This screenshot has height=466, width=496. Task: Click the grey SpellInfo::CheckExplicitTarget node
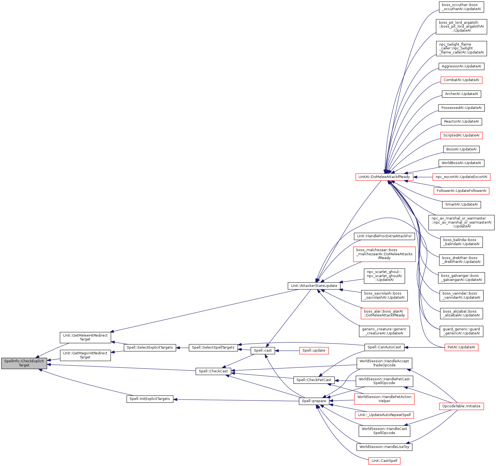coord(24,363)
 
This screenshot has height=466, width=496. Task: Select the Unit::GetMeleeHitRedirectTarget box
coord(85,337)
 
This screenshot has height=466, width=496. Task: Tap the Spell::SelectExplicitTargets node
coord(150,348)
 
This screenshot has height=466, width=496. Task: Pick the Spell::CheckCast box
coord(213,371)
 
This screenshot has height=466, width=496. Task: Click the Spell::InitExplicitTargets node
coord(150,399)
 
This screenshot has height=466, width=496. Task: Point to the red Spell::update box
coord(314,351)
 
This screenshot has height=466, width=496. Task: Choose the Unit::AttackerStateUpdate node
coord(314,286)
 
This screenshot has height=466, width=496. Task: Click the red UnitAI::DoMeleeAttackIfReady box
coord(384,177)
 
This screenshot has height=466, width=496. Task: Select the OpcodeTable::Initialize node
coord(461,406)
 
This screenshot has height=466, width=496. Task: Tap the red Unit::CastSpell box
coord(384,461)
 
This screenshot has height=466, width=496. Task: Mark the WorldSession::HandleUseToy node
coord(384,447)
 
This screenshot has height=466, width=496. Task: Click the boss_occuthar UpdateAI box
coord(461,7)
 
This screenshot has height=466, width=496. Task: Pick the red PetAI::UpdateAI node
coord(461,347)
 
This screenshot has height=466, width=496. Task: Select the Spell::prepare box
coord(314,401)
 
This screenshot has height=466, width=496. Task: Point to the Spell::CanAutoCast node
coord(384,347)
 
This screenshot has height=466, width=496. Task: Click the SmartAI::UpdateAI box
coord(461,204)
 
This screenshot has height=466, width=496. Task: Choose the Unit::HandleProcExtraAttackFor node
coord(384,236)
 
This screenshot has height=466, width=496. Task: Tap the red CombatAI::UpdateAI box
coord(461,80)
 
